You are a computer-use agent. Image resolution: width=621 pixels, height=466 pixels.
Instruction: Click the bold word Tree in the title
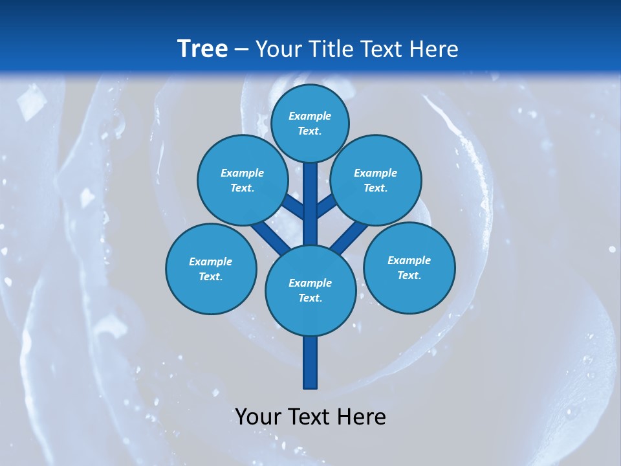click(x=202, y=49)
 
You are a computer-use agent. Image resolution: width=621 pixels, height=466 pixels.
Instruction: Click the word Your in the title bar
click(x=278, y=49)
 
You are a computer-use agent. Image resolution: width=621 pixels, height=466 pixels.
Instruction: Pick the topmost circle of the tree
click(x=310, y=123)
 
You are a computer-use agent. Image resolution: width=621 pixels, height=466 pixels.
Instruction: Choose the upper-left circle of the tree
click(x=243, y=180)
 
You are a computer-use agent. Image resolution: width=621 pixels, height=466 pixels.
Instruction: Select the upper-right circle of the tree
click(x=376, y=180)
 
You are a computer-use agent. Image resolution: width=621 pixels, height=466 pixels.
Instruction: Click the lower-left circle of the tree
click(x=211, y=269)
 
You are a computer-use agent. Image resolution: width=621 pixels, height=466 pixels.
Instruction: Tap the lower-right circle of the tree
click(x=409, y=267)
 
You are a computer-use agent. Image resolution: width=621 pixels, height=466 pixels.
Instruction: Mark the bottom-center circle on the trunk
click(x=310, y=290)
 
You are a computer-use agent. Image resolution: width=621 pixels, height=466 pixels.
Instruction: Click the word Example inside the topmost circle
click(x=310, y=116)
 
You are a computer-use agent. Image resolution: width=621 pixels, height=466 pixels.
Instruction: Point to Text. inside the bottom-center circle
click(x=310, y=298)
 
